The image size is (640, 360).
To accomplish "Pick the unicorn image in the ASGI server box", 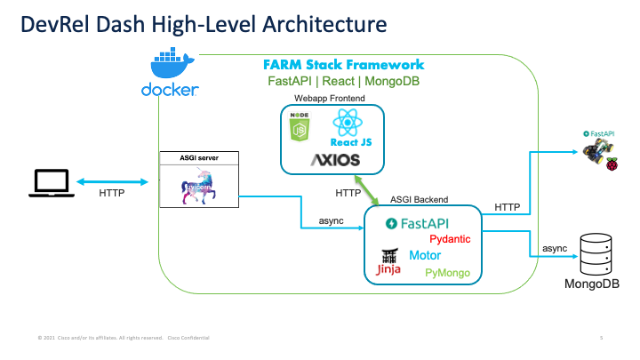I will point(198,188).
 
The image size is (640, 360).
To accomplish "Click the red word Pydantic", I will point(450,239).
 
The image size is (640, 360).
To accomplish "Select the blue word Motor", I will point(425,255).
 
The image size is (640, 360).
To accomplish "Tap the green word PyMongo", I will point(447,273).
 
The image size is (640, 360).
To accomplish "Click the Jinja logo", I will point(388,261).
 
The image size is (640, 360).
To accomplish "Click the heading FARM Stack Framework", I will point(343,65).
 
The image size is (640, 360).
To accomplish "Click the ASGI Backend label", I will point(420,200).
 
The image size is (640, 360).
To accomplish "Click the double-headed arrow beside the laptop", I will point(110,181).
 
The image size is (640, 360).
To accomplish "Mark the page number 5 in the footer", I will point(602,338).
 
